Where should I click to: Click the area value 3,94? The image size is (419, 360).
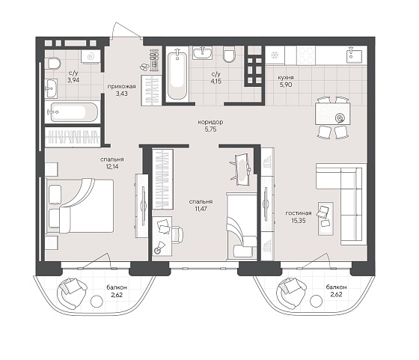tap(73, 80)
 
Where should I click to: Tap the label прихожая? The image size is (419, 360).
tap(121, 86)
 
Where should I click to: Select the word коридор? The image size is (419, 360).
tap(210, 122)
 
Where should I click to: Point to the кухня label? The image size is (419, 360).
tap(286, 78)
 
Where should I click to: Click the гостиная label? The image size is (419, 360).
tap(299, 213)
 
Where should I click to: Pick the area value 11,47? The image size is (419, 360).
tap(201, 209)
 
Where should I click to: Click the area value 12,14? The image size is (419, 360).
tap(112, 166)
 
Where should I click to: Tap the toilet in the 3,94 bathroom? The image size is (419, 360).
tap(53, 64)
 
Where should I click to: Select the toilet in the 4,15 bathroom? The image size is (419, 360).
tap(229, 54)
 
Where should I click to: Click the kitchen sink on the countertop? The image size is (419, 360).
tap(354, 55)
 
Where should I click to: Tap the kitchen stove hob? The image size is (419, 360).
tap(306, 55)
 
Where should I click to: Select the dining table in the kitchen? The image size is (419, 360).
tap(332, 114)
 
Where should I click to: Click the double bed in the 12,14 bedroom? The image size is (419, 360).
tap(79, 206)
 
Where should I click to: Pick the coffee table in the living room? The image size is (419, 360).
tap(325, 219)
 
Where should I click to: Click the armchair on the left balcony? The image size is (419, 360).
tap(72, 293)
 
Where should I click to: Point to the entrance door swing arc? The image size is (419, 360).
tap(126, 28)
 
